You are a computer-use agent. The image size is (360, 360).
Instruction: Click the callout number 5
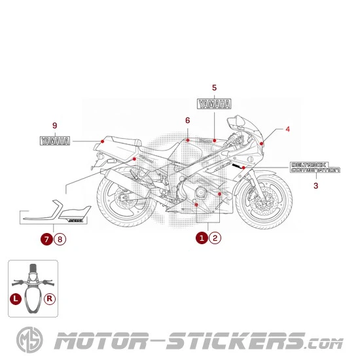point(214,87)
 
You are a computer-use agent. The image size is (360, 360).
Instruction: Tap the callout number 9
point(55,125)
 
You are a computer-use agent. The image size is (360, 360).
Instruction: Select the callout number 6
point(187,120)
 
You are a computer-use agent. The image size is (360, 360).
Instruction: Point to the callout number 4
point(287,129)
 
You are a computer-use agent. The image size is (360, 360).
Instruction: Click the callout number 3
point(315,186)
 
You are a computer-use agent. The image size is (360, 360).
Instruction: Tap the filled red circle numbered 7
point(47,239)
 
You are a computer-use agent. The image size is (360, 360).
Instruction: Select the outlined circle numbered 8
point(60,239)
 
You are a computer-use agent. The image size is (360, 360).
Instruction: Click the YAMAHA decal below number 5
point(214,103)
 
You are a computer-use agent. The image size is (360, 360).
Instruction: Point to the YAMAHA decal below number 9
point(56,140)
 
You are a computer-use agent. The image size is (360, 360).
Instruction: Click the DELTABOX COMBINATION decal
point(315,168)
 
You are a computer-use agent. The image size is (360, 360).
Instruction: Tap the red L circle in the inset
point(16,300)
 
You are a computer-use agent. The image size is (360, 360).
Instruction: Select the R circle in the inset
point(50,300)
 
